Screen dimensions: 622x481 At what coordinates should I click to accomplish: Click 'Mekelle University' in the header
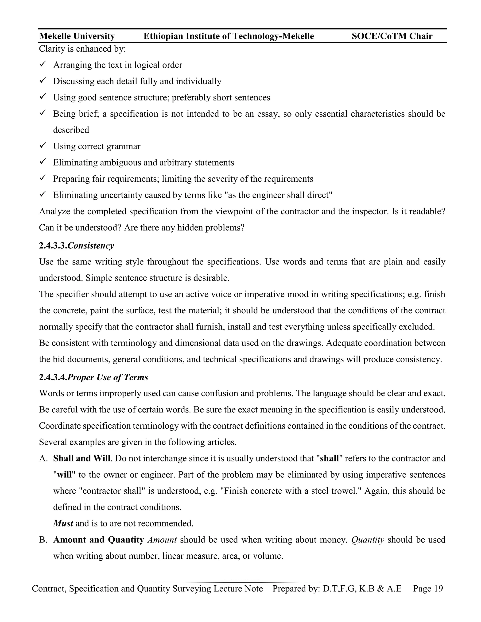[x=77, y=36]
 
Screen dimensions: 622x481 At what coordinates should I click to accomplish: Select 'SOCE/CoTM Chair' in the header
[x=392, y=36]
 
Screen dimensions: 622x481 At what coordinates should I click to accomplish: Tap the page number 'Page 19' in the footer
[x=428, y=588]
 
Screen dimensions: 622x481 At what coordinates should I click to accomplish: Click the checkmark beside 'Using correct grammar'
[x=43, y=146]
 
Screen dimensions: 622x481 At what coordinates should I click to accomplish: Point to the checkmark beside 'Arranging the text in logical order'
[x=43, y=64]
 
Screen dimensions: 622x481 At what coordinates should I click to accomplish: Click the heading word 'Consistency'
[x=91, y=246]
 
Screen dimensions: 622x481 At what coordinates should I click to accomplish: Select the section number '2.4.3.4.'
[x=53, y=377]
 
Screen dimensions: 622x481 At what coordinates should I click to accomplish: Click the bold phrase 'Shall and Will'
[x=81, y=459]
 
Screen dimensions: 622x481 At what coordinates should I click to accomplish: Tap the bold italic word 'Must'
[x=63, y=523]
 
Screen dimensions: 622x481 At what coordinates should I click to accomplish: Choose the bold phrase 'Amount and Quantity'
[x=98, y=540]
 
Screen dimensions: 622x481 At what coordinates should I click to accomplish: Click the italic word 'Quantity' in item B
[x=368, y=540]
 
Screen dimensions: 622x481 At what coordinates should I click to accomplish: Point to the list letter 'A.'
[x=43, y=459]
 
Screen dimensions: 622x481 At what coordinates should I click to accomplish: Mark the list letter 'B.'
[x=43, y=540]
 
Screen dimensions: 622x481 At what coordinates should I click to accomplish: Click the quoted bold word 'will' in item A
[x=64, y=475]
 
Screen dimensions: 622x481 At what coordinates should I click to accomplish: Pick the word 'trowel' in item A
[x=341, y=491]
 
